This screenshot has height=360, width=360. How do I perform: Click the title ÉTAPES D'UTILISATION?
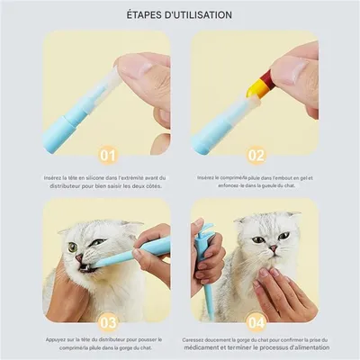(180, 15)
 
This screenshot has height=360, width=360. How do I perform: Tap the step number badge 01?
(109, 155)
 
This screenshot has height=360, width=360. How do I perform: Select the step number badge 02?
(256, 155)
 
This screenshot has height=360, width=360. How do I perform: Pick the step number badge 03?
(109, 319)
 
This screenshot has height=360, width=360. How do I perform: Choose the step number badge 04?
(256, 319)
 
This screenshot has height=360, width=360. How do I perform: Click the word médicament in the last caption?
(215, 347)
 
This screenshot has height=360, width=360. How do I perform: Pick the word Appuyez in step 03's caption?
(59, 338)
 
